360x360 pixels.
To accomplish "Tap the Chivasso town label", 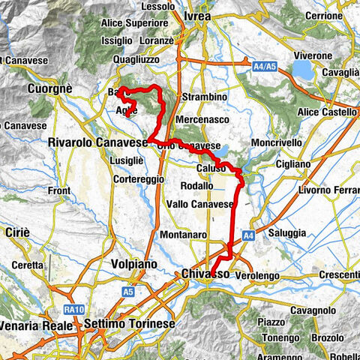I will [205, 276].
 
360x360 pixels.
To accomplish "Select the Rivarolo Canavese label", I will [96, 142].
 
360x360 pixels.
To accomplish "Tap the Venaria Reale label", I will [37, 325].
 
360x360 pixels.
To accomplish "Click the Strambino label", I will [205, 97].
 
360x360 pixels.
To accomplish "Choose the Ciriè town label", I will [16, 232].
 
